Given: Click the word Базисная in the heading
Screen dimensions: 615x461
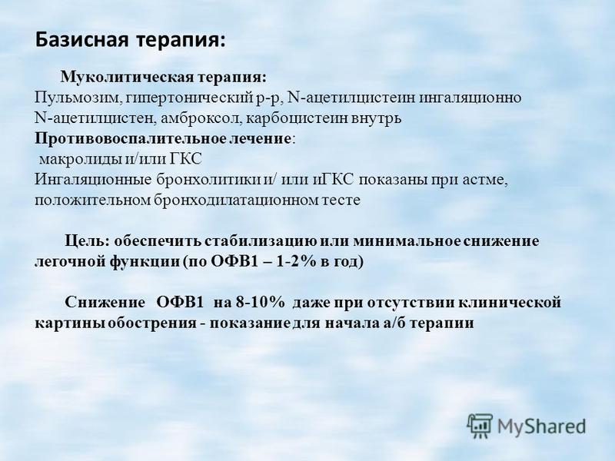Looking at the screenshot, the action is tap(82, 40).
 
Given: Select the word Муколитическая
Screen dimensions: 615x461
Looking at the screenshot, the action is tap(127, 78).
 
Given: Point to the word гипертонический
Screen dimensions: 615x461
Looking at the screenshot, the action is tap(185, 98).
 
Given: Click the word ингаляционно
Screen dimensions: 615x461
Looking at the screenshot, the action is tap(470, 98).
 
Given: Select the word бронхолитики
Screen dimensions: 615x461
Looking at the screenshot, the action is tap(208, 180).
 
